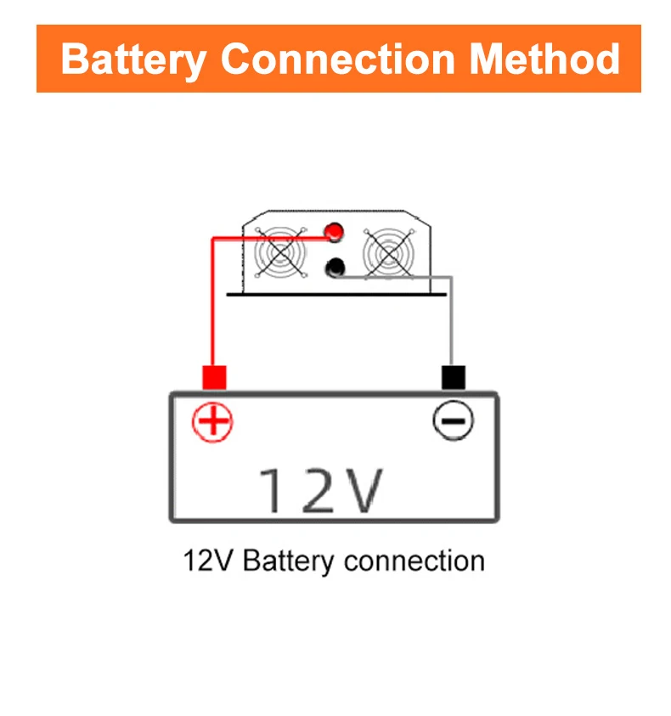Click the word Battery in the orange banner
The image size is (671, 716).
click(x=133, y=59)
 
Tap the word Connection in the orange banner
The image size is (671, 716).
click(x=337, y=59)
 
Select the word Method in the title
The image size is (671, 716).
click(x=544, y=59)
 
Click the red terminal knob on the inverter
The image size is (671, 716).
click(x=334, y=232)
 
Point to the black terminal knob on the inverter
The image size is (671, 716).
click(x=335, y=268)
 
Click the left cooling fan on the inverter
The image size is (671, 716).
click(x=280, y=252)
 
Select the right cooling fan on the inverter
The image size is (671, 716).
click(x=389, y=252)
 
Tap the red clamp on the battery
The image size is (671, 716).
click(x=214, y=377)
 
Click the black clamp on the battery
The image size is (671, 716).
click(x=454, y=377)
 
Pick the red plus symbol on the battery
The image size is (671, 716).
click(x=212, y=422)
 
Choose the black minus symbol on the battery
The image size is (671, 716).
click(x=453, y=420)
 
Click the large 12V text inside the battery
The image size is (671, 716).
click(x=321, y=490)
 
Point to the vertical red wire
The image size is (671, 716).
click(x=212, y=302)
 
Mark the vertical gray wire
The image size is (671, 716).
click(x=451, y=320)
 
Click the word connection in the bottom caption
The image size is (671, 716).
click(x=414, y=561)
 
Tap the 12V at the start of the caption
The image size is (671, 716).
click(x=208, y=561)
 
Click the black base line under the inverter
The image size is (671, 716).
click(x=336, y=295)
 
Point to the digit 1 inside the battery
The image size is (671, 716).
click(x=270, y=490)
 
